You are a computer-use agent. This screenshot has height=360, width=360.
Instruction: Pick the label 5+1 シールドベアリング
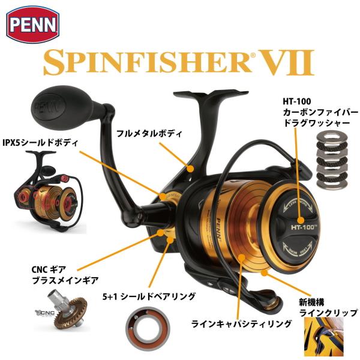click(158, 295)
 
